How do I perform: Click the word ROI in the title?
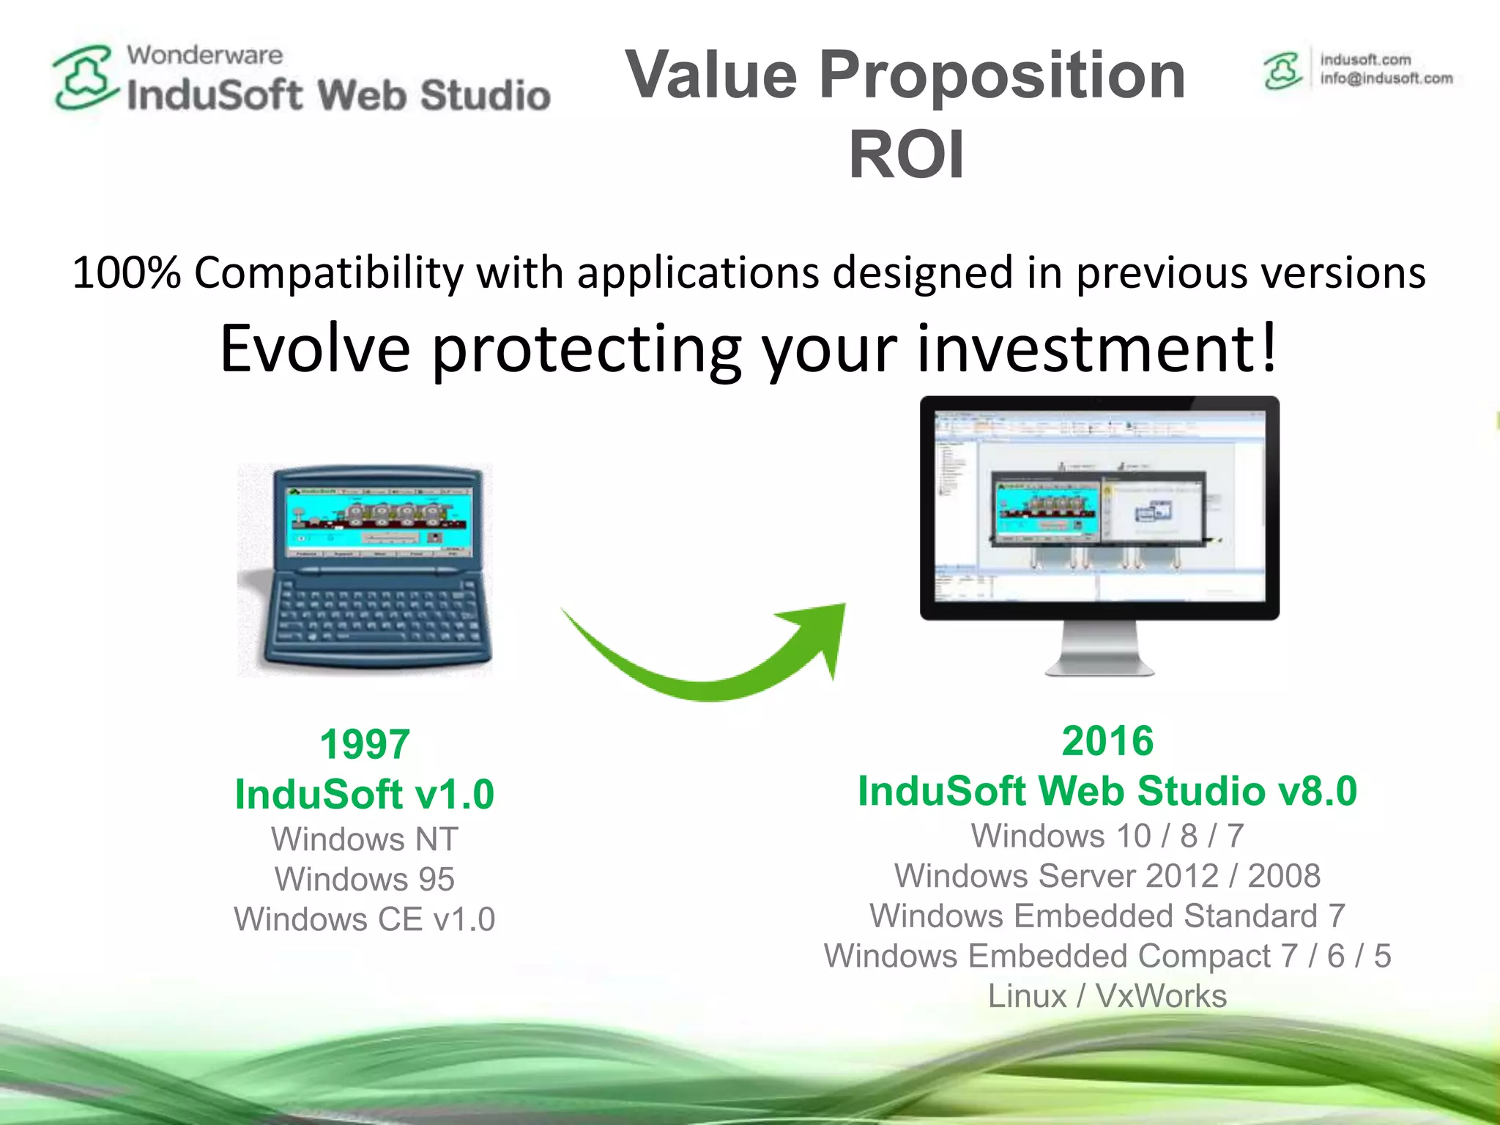(906, 155)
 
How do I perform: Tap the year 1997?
(364, 744)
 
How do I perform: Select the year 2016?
(1107, 740)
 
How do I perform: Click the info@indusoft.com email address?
(1386, 78)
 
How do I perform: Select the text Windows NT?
(364, 839)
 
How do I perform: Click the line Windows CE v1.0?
(364, 919)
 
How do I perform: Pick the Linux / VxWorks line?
(1107, 996)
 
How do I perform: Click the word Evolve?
(315, 349)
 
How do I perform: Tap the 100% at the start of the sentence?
(126, 273)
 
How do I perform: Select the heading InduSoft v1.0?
(364, 794)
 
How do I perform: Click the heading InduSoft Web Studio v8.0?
(1107, 791)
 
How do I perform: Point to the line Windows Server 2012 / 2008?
(1107, 876)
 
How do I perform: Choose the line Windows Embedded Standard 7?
(1107, 916)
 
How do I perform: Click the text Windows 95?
(364, 879)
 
